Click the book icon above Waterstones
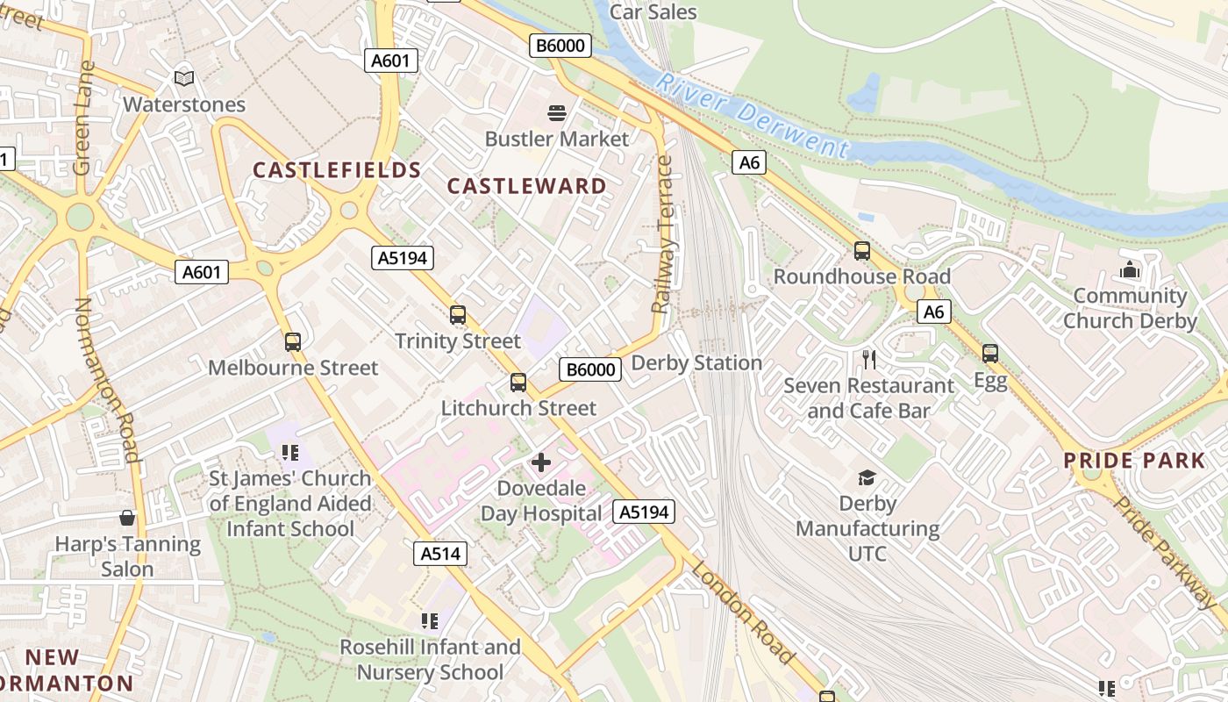(184, 79)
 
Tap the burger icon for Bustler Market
(556, 113)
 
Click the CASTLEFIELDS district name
(337, 170)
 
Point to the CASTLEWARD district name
(526, 186)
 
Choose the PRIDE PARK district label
(1134, 461)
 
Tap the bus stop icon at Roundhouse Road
(861, 251)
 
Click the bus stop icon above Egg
(990, 354)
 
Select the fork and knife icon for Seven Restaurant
(868, 360)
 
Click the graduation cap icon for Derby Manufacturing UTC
(867, 477)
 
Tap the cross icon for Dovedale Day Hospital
(541, 462)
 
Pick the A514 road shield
(440, 554)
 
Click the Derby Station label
(696, 362)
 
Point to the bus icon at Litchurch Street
(518, 383)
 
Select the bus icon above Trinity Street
(457, 315)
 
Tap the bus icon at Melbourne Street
(292, 342)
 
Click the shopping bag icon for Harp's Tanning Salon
(128, 519)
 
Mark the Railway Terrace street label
(664, 235)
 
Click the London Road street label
(744, 612)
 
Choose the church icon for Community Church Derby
(1130, 270)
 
